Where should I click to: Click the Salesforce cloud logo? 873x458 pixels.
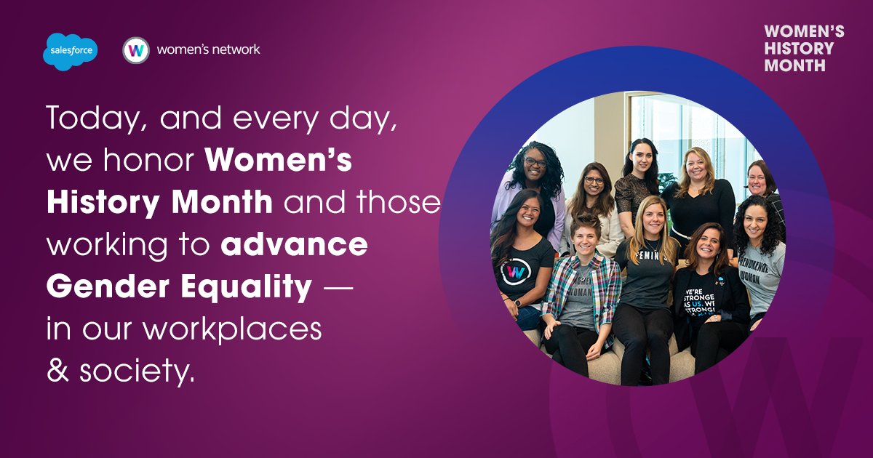tap(70, 52)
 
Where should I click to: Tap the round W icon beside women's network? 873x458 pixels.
tap(136, 50)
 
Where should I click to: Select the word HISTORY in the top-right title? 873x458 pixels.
tap(800, 49)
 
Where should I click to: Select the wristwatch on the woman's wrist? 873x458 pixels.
tap(517, 302)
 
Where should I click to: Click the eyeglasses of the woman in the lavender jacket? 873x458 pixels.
tap(535, 163)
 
